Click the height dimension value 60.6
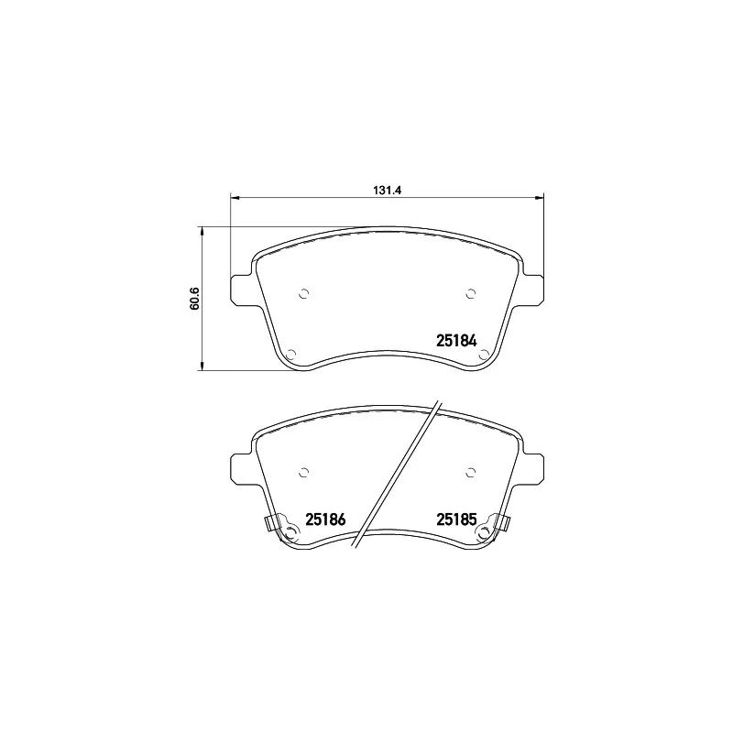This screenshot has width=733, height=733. coord(194,299)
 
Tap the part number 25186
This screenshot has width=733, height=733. coord(324,520)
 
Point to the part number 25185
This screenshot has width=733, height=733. coord(456,520)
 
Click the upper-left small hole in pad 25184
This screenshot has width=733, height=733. coord(305,294)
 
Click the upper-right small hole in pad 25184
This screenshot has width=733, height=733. coord(470,294)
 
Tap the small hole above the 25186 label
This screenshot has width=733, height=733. coord(305,473)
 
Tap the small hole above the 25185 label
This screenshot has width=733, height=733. coord(470,473)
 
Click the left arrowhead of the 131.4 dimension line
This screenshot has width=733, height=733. coord(233,196)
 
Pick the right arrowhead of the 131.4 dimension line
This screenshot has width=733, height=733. coord(541,196)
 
